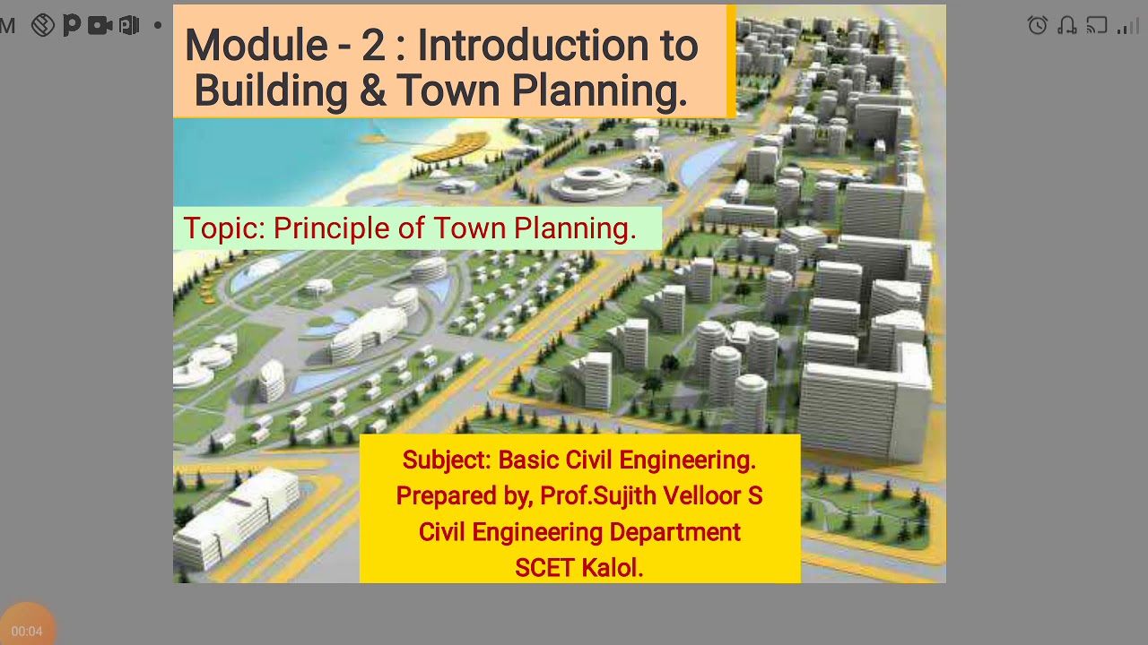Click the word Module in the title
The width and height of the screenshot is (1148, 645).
tap(256, 46)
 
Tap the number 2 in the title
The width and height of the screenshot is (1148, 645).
tap(373, 46)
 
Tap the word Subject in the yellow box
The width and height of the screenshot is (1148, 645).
tap(446, 460)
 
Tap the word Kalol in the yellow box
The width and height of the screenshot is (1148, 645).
tap(613, 568)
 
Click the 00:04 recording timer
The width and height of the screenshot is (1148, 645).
tap(27, 631)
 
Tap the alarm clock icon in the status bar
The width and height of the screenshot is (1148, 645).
tap(1038, 25)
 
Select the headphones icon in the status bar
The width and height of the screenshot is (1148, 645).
tap(1067, 25)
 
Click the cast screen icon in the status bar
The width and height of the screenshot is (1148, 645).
tap(1097, 25)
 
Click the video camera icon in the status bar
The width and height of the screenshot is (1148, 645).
tap(100, 25)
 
